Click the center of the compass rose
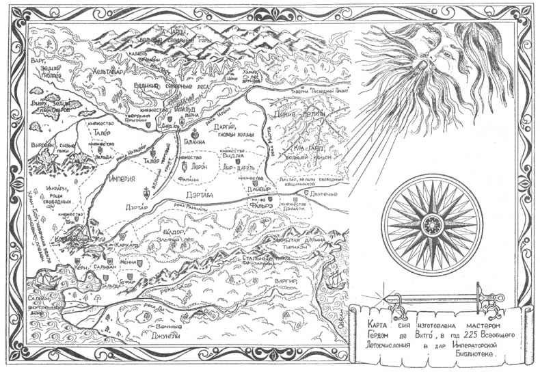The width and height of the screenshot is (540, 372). click(x=432, y=224)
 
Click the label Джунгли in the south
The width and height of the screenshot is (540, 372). click(x=162, y=335)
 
